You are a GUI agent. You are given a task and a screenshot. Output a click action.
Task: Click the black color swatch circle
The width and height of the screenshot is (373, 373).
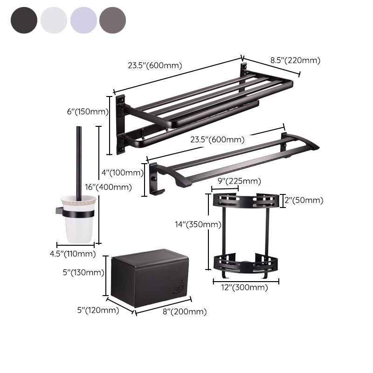23,20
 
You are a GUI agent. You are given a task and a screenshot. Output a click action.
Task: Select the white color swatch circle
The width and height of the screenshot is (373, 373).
54,20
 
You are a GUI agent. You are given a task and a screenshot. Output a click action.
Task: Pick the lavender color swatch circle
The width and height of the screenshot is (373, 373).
83,20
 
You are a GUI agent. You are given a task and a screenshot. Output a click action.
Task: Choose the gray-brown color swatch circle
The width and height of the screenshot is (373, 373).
112,20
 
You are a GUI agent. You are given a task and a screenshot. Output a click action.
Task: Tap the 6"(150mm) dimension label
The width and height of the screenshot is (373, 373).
87,112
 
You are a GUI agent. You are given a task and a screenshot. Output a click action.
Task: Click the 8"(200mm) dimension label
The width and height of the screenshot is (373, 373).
185,311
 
